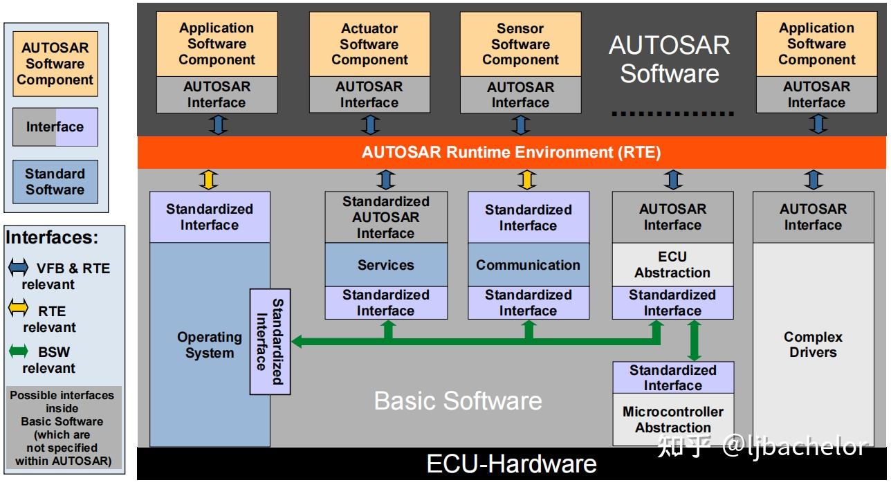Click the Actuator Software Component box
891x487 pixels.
[x=369, y=44]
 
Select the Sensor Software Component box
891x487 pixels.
[x=520, y=44]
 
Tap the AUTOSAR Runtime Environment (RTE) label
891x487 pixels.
[x=511, y=152]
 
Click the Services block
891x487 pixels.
[x=385, y=265]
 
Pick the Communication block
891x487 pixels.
[x=528, y=265]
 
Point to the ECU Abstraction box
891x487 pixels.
[x=672, y=265]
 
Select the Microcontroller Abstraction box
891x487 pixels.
[x=672, y=420]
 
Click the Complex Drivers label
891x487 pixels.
[x=812, y=344]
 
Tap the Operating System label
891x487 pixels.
[x=209, y=345]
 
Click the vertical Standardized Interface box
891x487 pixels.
[x=270, y=342]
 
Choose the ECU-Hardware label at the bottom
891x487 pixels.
[x=511, y=463]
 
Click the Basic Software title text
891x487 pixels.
[x=457, y=401]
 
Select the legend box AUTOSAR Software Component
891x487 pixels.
[x=55, y=64]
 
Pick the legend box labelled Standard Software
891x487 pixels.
[x=55, y=182]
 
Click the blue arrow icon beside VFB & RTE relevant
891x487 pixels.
[x=18, y=268]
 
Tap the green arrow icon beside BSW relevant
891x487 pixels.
[x=18, y=352]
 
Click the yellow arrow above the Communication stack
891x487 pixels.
[x=526, y=180]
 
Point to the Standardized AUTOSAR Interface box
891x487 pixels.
[x=385, y=217]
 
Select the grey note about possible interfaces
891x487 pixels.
[x=62, y=428]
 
